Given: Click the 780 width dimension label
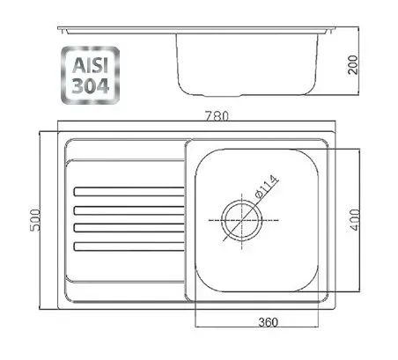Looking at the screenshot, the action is (x=217, y=116).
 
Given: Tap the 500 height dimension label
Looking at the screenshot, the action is (x=35, y=220).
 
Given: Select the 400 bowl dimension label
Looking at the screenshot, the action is (x=354, y=220).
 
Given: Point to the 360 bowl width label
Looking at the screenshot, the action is (x=268, y=322).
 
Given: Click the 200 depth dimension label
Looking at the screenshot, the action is (x=352, y=65).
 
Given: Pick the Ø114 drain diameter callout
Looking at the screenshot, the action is (x=267, y=187).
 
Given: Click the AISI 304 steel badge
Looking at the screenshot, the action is (x=91, y=76).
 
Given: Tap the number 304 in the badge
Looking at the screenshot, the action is (x=91, y=86).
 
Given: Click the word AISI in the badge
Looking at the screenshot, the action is (x=91, y=65).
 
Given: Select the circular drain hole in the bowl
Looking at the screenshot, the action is (x=241, y=221).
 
